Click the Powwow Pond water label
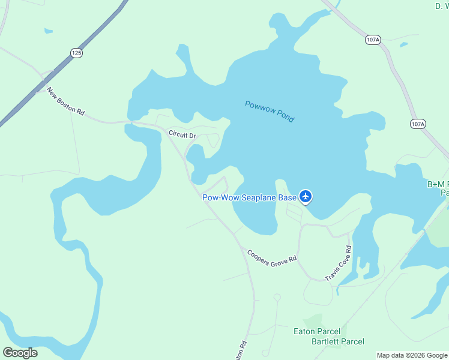tap(270, 112)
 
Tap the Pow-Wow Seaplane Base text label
tap(249, 197)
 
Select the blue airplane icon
tap(306, 196)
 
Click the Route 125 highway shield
tap(76, 53)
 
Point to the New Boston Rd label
tap(65, 103)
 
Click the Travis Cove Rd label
tap(338, 263)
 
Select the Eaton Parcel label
tap(316, 331)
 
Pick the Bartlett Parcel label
tap(337, 341)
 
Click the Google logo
tap(20, 353)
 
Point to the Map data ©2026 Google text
tap(412, 355)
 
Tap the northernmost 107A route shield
tap(372, 40)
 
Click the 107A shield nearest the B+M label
tap(418, 124)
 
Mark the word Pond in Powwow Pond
tap(285, 116)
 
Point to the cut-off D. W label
tap(442, 6)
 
